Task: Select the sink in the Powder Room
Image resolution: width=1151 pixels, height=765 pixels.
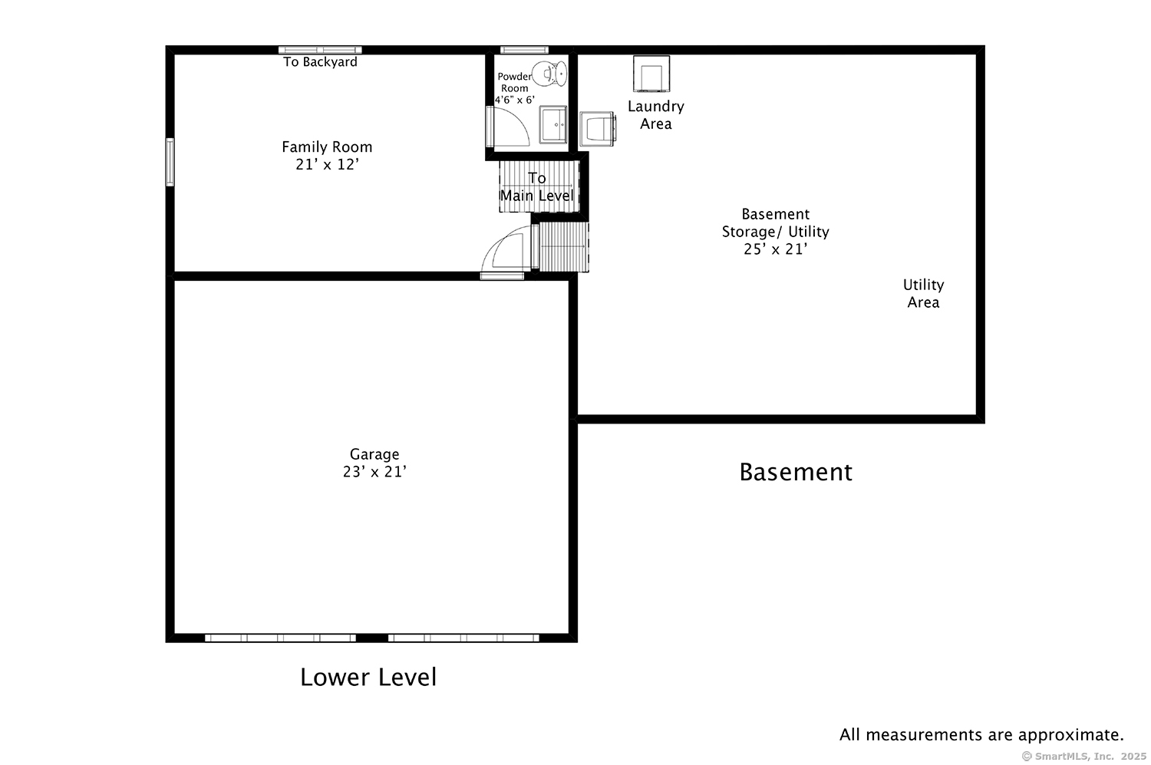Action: [x=553, y=124]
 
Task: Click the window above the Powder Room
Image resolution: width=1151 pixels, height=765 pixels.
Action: [x=523, y=50]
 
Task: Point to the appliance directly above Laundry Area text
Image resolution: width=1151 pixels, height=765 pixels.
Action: [x=651, y=74]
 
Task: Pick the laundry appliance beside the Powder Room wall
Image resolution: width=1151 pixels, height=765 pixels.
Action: [x=597, y=128]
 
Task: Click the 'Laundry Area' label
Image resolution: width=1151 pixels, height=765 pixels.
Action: [x=655, y=115]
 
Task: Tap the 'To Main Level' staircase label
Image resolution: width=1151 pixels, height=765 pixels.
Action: [x=537, y=186]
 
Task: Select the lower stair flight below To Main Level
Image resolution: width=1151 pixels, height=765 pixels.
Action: [x=563, y=246]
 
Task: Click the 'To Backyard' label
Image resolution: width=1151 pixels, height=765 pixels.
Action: [x=320, y=62]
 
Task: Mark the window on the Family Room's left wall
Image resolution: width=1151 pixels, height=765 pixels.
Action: [x=170, y=162]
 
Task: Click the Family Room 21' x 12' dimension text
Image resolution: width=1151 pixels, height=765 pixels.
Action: [x=327, y=164]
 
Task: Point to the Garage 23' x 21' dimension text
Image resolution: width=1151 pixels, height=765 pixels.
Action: [x=374, y=472]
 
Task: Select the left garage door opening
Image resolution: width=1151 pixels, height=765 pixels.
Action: [x=280, y=638]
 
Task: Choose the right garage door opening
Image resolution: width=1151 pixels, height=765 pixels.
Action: [x=463, y=638]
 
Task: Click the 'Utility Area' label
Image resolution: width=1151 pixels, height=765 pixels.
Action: [x=923, y=293]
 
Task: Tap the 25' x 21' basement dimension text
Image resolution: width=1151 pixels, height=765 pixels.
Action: [x=775, y=249]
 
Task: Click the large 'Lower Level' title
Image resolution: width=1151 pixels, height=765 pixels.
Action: [x=368, y=677]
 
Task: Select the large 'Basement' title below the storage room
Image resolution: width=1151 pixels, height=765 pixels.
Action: [x=795, y=471]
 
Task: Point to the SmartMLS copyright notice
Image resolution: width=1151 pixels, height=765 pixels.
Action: [x=1083, y=756]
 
